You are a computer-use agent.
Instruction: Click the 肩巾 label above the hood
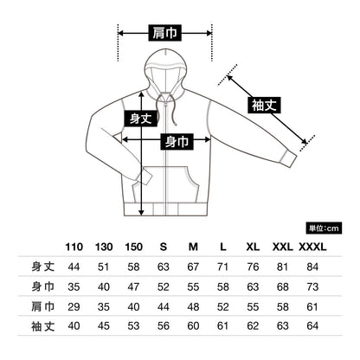pos(165,33)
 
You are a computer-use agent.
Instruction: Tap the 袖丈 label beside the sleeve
pos(264,105)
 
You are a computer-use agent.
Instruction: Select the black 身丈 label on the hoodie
pos(141,119)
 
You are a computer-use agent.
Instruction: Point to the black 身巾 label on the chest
pos(177,142)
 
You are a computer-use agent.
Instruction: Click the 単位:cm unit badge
pos(324,228)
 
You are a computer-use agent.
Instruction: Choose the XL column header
pos(253,247)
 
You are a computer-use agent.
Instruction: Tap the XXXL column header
pos(312,247)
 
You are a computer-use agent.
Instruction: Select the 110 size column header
pos(74,247)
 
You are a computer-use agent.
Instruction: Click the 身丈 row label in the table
pos(42,267)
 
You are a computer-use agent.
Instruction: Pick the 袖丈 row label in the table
pos(42,326)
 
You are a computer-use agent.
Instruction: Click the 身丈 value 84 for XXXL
pos(312,267)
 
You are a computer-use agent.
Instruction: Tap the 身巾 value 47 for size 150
pos(133,286)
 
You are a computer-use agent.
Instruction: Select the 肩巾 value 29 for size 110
pos(74,306)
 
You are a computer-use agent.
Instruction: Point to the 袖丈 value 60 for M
pos(193,326)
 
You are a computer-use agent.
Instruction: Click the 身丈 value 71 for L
pos(222,267)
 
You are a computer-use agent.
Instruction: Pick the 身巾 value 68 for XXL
pos(282,286)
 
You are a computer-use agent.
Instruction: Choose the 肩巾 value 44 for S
pos(164,306)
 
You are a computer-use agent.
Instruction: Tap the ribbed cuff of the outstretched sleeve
pos(288,158)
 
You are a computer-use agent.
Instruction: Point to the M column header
pos(193,247)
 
